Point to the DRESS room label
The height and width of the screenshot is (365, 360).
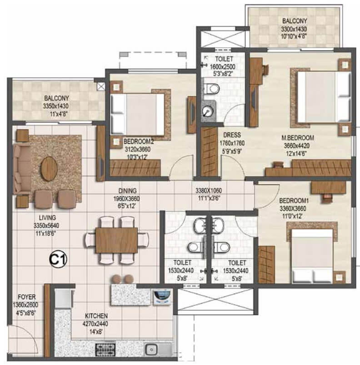(x=232, y=135)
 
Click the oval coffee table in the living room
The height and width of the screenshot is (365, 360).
(x=49, y=169)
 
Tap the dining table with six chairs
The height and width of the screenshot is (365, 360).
(x=116, y=239)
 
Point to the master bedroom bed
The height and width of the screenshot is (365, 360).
(x=318, y=96)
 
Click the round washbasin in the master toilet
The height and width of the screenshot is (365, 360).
(x=208, y=111)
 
